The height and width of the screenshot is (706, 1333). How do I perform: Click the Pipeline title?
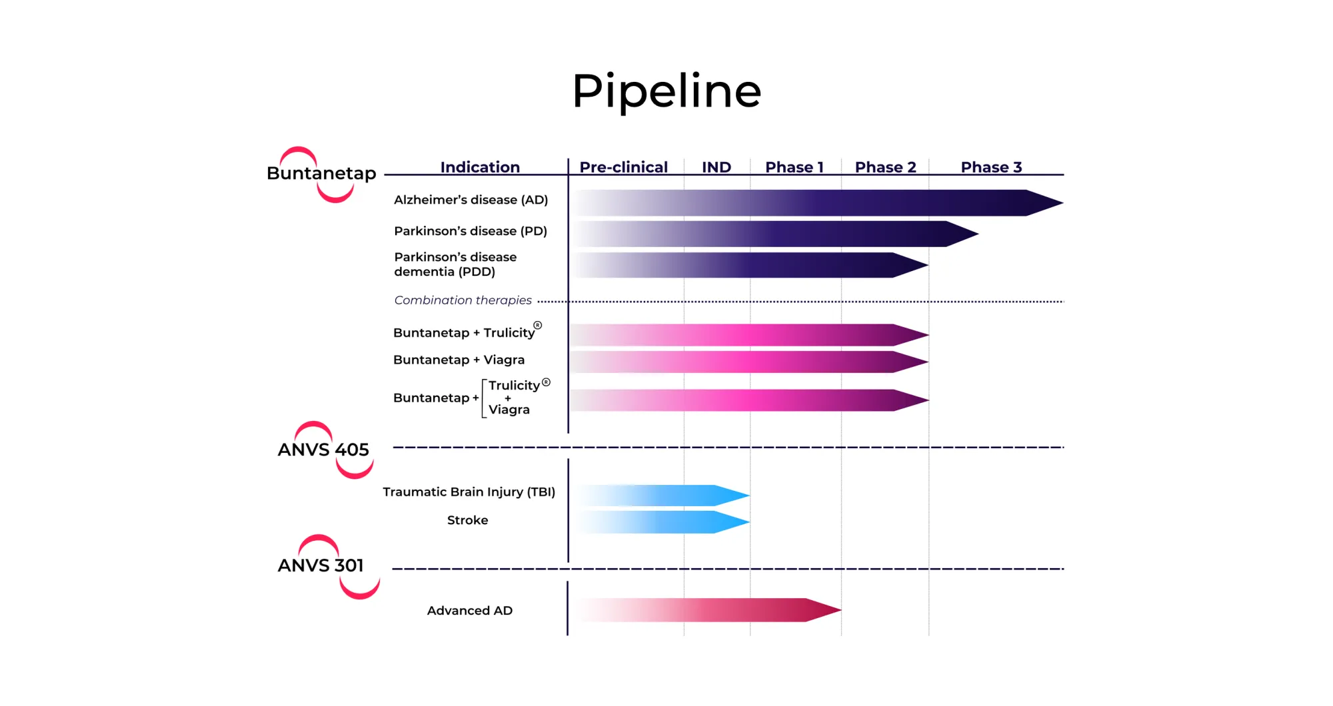pos(666,91)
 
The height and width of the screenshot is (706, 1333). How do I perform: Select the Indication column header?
pos(480,167)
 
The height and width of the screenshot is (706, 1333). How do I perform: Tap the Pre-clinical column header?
pos(623,167)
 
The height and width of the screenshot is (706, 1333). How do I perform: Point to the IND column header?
pos(716,167)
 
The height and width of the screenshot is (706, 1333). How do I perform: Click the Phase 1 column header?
pos(794,167)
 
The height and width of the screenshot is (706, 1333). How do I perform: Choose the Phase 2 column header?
pos(886,167)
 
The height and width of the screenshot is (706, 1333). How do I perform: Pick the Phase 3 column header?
pos(991,167)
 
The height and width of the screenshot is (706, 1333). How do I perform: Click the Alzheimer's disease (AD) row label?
pos(471,200)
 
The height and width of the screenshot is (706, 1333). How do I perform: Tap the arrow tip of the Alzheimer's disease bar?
pos(1062,202)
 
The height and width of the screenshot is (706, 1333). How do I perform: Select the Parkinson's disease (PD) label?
pos(471,231)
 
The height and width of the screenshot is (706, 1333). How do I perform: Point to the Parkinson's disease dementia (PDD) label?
pos(455,264)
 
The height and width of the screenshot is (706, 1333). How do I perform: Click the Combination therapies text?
pos(463,300)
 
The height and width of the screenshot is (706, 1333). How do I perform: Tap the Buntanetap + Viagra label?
pos(459,360)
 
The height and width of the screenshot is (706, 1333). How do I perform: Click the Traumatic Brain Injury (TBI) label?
pos(469,492)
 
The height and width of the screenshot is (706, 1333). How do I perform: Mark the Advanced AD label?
pos(470,611)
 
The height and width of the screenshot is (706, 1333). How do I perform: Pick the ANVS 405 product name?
pos(323,450)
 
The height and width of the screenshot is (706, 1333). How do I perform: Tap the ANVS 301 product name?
pos(321,565)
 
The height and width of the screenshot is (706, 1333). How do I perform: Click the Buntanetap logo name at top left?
pos(321,173)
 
